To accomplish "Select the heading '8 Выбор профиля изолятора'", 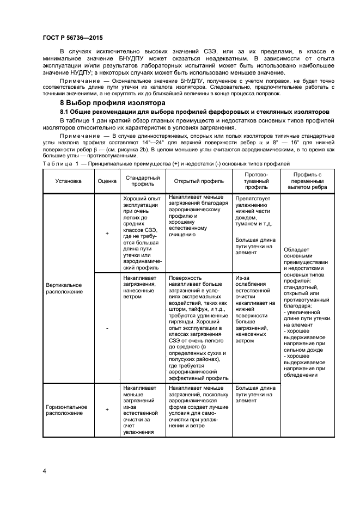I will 109,103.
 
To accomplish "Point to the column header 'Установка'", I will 68,181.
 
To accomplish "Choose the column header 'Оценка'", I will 107,181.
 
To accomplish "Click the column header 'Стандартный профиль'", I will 142,181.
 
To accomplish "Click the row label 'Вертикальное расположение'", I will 64,288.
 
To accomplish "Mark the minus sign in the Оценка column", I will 107,328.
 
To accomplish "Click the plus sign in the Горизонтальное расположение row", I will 107,410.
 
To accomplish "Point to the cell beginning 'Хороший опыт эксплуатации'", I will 142,233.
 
